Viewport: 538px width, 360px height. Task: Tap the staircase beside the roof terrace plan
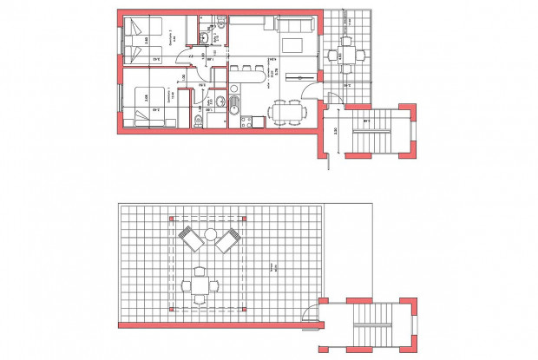[374, 322]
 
